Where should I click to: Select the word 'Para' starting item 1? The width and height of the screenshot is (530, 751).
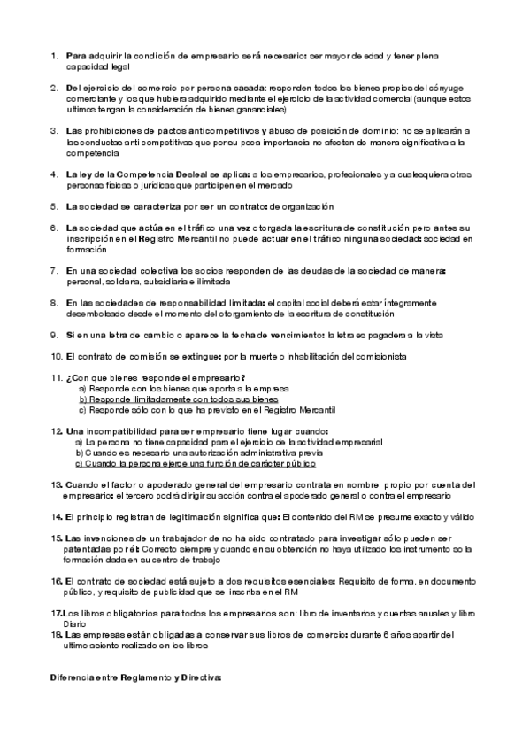pyautogui.click(x=75, y=56)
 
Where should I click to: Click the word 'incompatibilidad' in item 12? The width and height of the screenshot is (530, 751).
pyautogui.click(x=116, y=430)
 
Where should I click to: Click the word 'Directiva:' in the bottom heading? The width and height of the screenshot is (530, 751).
pyautogui.click(x=202, y=677)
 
